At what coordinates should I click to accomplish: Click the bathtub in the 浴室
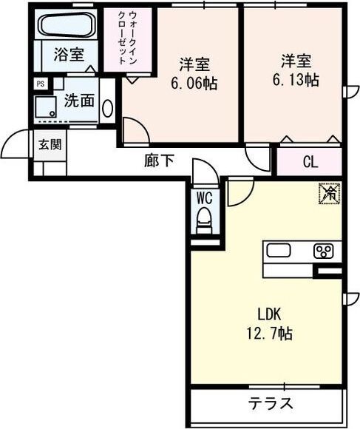coord(64,28)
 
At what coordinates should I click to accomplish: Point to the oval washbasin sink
coord(108,109)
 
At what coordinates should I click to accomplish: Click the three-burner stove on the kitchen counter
coord(324,251)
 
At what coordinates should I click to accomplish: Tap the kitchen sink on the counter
coord(280,251)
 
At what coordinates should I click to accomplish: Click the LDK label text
coord(268,314)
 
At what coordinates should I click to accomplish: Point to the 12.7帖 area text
coord(268,333)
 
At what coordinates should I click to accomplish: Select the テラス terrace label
coord(270,405)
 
